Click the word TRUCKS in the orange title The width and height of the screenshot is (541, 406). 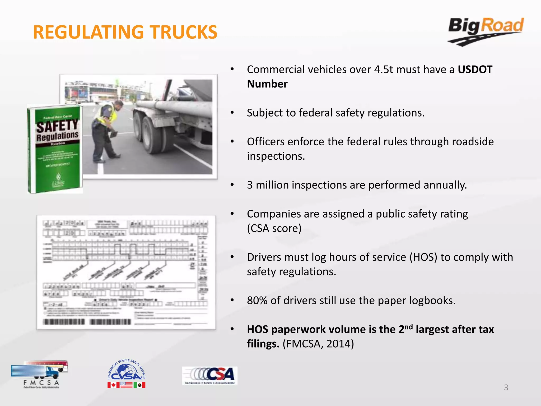point(184,32)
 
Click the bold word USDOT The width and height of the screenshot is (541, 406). point(475,70)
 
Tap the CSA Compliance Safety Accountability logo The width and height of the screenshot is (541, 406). point(209,376)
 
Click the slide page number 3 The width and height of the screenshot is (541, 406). point(506,387)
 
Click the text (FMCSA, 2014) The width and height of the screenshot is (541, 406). point(318,344)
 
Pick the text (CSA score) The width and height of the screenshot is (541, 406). point(274,228)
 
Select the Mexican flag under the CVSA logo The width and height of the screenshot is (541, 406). point(139,385)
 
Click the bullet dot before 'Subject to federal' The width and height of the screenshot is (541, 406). point(232,113)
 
